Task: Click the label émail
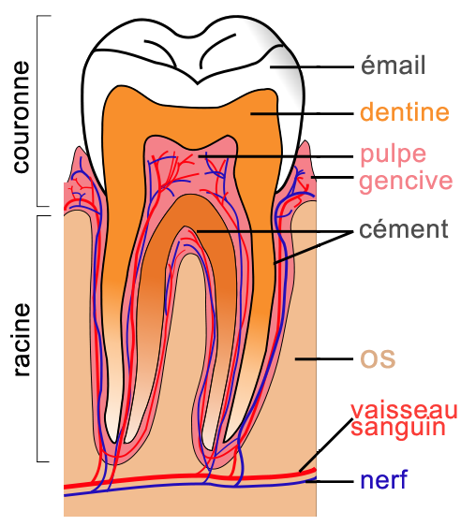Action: pos(394,66)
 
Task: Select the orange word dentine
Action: pos(405,112)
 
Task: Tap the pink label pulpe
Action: pos(393,155)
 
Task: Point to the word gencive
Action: pos(406,182)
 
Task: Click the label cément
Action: pos(404,229)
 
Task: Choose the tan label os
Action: pos(378,358)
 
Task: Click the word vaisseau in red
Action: pos(404,410)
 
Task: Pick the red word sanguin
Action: pos(398,428)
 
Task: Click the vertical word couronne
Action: pos(22,117)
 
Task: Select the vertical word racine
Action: pos(22,340)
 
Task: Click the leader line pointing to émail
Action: pos(312,67)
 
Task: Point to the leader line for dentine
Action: pos(303,114)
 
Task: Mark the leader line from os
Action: pos(324,359)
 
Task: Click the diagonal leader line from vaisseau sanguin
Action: pos(326,445)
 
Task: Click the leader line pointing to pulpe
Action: pos(275,156)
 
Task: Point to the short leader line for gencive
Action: pos(333,177)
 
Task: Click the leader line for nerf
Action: pos(330,481)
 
